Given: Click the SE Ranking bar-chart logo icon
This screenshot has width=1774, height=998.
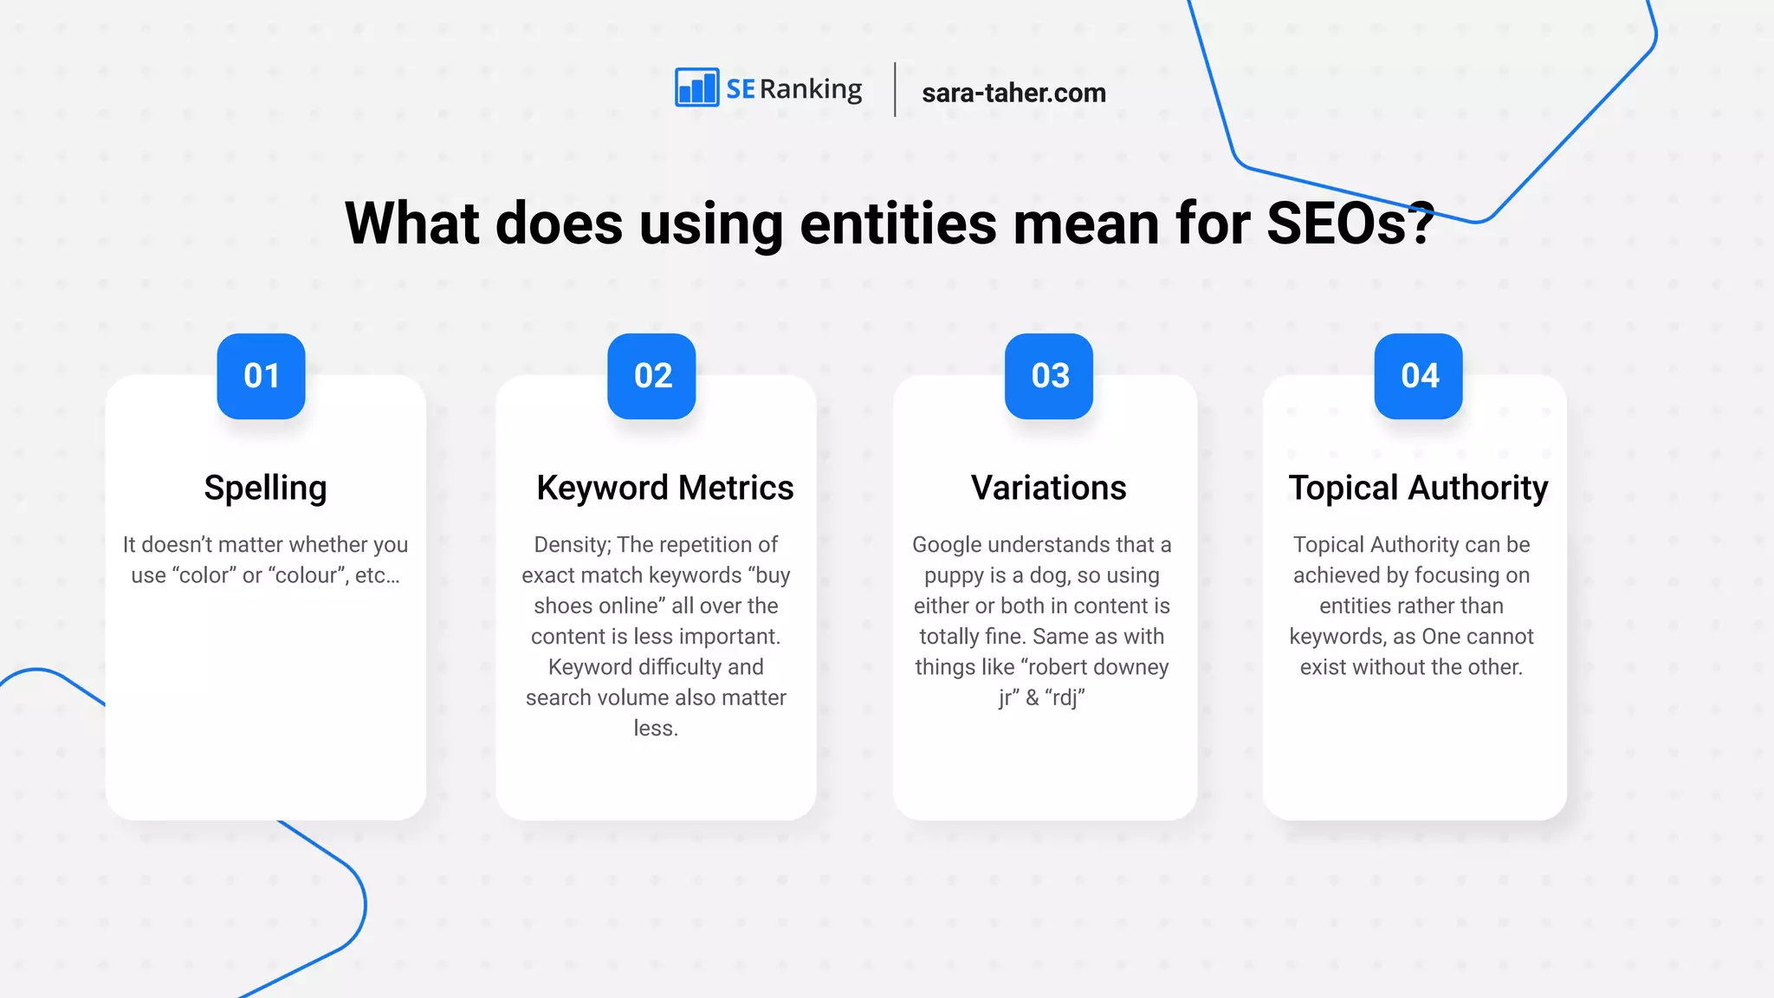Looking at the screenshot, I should pyautogui.click(x=696, y=87).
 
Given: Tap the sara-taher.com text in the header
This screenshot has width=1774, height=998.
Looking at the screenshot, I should pyautogui.click(x=1013, y=93).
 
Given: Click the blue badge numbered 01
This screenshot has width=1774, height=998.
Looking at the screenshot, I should pyautogui.click(x=261, y=376).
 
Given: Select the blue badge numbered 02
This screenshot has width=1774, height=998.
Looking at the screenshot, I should pyautogui.click(x=651, y=376).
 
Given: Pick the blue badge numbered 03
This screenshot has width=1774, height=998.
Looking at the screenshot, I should pyautogui.click(x=1049, y=376).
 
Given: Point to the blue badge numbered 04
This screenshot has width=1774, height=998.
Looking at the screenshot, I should pyautogui.click(x=1419, y=376).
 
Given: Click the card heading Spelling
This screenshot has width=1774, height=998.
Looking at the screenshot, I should pyautogui.click(x=265, y=489).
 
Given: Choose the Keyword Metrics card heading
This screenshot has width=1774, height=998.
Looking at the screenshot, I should pyautogui.click(x=664, y=489).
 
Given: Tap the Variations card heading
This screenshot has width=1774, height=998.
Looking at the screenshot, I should pyautogui.click(x=1048, y=489).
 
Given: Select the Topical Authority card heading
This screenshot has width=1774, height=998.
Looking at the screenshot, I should pyautogui.click(x=1418, y=489).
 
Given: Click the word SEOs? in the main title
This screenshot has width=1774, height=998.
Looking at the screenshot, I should pyautogui.click(x=1350, y=224).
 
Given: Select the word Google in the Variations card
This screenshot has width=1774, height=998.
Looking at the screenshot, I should pyautogui.click(x=947, y=545).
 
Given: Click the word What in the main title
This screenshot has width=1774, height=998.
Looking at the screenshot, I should pyautogui.click(x=411, y=224).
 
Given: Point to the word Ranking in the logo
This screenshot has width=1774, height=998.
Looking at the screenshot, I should pyautogui.click(x=811, y=90).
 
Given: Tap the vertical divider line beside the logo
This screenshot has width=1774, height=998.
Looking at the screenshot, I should pyautogui.click(x=895, y=89).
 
